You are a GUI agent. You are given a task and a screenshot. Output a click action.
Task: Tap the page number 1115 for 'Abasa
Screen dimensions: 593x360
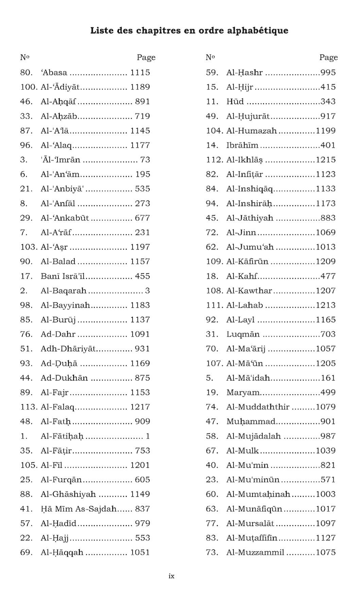point(140,72)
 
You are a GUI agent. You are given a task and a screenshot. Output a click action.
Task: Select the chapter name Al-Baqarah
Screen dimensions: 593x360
point(64,291)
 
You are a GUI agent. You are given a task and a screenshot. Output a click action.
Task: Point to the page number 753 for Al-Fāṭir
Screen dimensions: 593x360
point(142,451)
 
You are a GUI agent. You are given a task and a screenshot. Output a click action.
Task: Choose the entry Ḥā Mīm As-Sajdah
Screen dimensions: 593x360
point(79,509)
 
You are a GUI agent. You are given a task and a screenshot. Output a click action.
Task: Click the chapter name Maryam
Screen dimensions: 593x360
point(243,392)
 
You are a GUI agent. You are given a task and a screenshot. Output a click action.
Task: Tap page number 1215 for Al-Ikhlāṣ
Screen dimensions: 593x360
point(326,160)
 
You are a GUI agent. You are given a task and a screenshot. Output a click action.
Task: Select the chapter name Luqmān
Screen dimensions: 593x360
point(243,334)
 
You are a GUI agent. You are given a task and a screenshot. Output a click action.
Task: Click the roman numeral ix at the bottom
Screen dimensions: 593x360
point(171,576)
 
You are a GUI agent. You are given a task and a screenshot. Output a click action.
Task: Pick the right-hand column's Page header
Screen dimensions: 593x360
point(328,57)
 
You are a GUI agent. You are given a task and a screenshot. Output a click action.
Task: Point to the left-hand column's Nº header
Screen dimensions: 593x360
point(25,57)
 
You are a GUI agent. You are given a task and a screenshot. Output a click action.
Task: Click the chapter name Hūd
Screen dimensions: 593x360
point(235,102)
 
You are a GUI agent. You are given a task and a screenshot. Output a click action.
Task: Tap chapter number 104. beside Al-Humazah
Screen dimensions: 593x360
point(215,131)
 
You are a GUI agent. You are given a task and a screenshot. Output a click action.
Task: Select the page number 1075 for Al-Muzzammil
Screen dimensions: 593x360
point(326,553)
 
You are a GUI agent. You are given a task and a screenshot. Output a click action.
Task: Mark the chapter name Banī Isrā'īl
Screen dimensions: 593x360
point(63,276)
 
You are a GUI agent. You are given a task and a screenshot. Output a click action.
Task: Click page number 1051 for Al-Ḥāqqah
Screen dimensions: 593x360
point(140,553)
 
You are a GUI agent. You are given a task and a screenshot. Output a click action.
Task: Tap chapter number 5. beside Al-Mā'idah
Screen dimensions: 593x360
point(209,378)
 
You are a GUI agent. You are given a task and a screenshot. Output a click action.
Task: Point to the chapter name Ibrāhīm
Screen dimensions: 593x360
point(242,145)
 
